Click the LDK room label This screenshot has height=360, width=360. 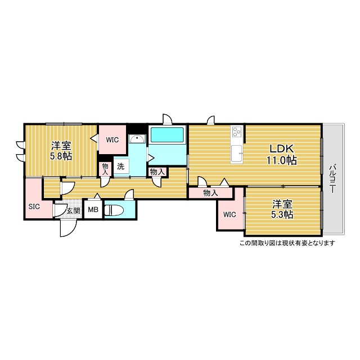tap(281, 148)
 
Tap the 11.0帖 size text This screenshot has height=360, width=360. tap(281, 160)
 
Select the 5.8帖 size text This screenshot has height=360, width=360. tap(61, 156)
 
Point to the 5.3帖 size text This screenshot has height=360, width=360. tap(282, 215)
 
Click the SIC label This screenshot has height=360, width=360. tap(34, 206)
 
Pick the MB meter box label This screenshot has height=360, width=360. tap(93, 210)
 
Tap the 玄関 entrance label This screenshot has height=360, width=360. tap(74, 210)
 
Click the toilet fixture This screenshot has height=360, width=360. tap(114, 210)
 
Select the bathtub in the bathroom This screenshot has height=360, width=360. tap(167, 134)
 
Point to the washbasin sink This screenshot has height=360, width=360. tap(137, 139)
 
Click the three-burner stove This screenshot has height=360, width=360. tap(237, 132)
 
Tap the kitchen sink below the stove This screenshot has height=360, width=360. tap(237, 154)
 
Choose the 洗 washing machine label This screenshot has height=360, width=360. tap(121, 166)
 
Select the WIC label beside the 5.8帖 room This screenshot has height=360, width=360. tap(112, 139)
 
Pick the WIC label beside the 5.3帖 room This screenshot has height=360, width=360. tap(229, 214)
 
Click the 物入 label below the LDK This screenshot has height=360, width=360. tap(210, 193)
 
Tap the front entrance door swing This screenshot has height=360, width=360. tap(68, 228)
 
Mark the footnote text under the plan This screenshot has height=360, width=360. tap(287, 243)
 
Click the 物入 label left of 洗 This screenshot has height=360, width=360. tap(105, 169)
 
